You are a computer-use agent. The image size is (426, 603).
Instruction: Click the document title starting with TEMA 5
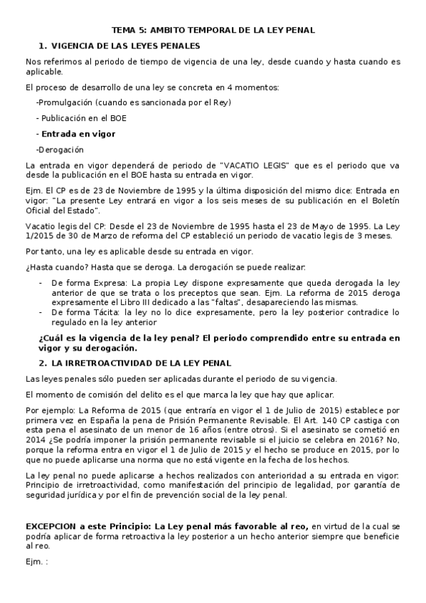pyautogui.click(x=213, y=30)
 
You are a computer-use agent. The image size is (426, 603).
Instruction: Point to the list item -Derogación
pyautogui.click(x=60, y=149)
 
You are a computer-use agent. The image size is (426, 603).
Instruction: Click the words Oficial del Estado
pyautogui.click(x=63, y=210)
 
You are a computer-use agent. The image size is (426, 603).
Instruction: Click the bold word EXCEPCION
pyautogui.click(x=52, y=525)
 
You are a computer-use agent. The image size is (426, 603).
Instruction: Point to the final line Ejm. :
pyautogui.click(x=36, y=561)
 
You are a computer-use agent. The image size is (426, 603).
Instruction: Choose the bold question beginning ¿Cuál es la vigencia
pyautogui.click(x=218, y=338)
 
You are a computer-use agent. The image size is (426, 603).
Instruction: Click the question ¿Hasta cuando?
pyautogui.click(x=48, y=267)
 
